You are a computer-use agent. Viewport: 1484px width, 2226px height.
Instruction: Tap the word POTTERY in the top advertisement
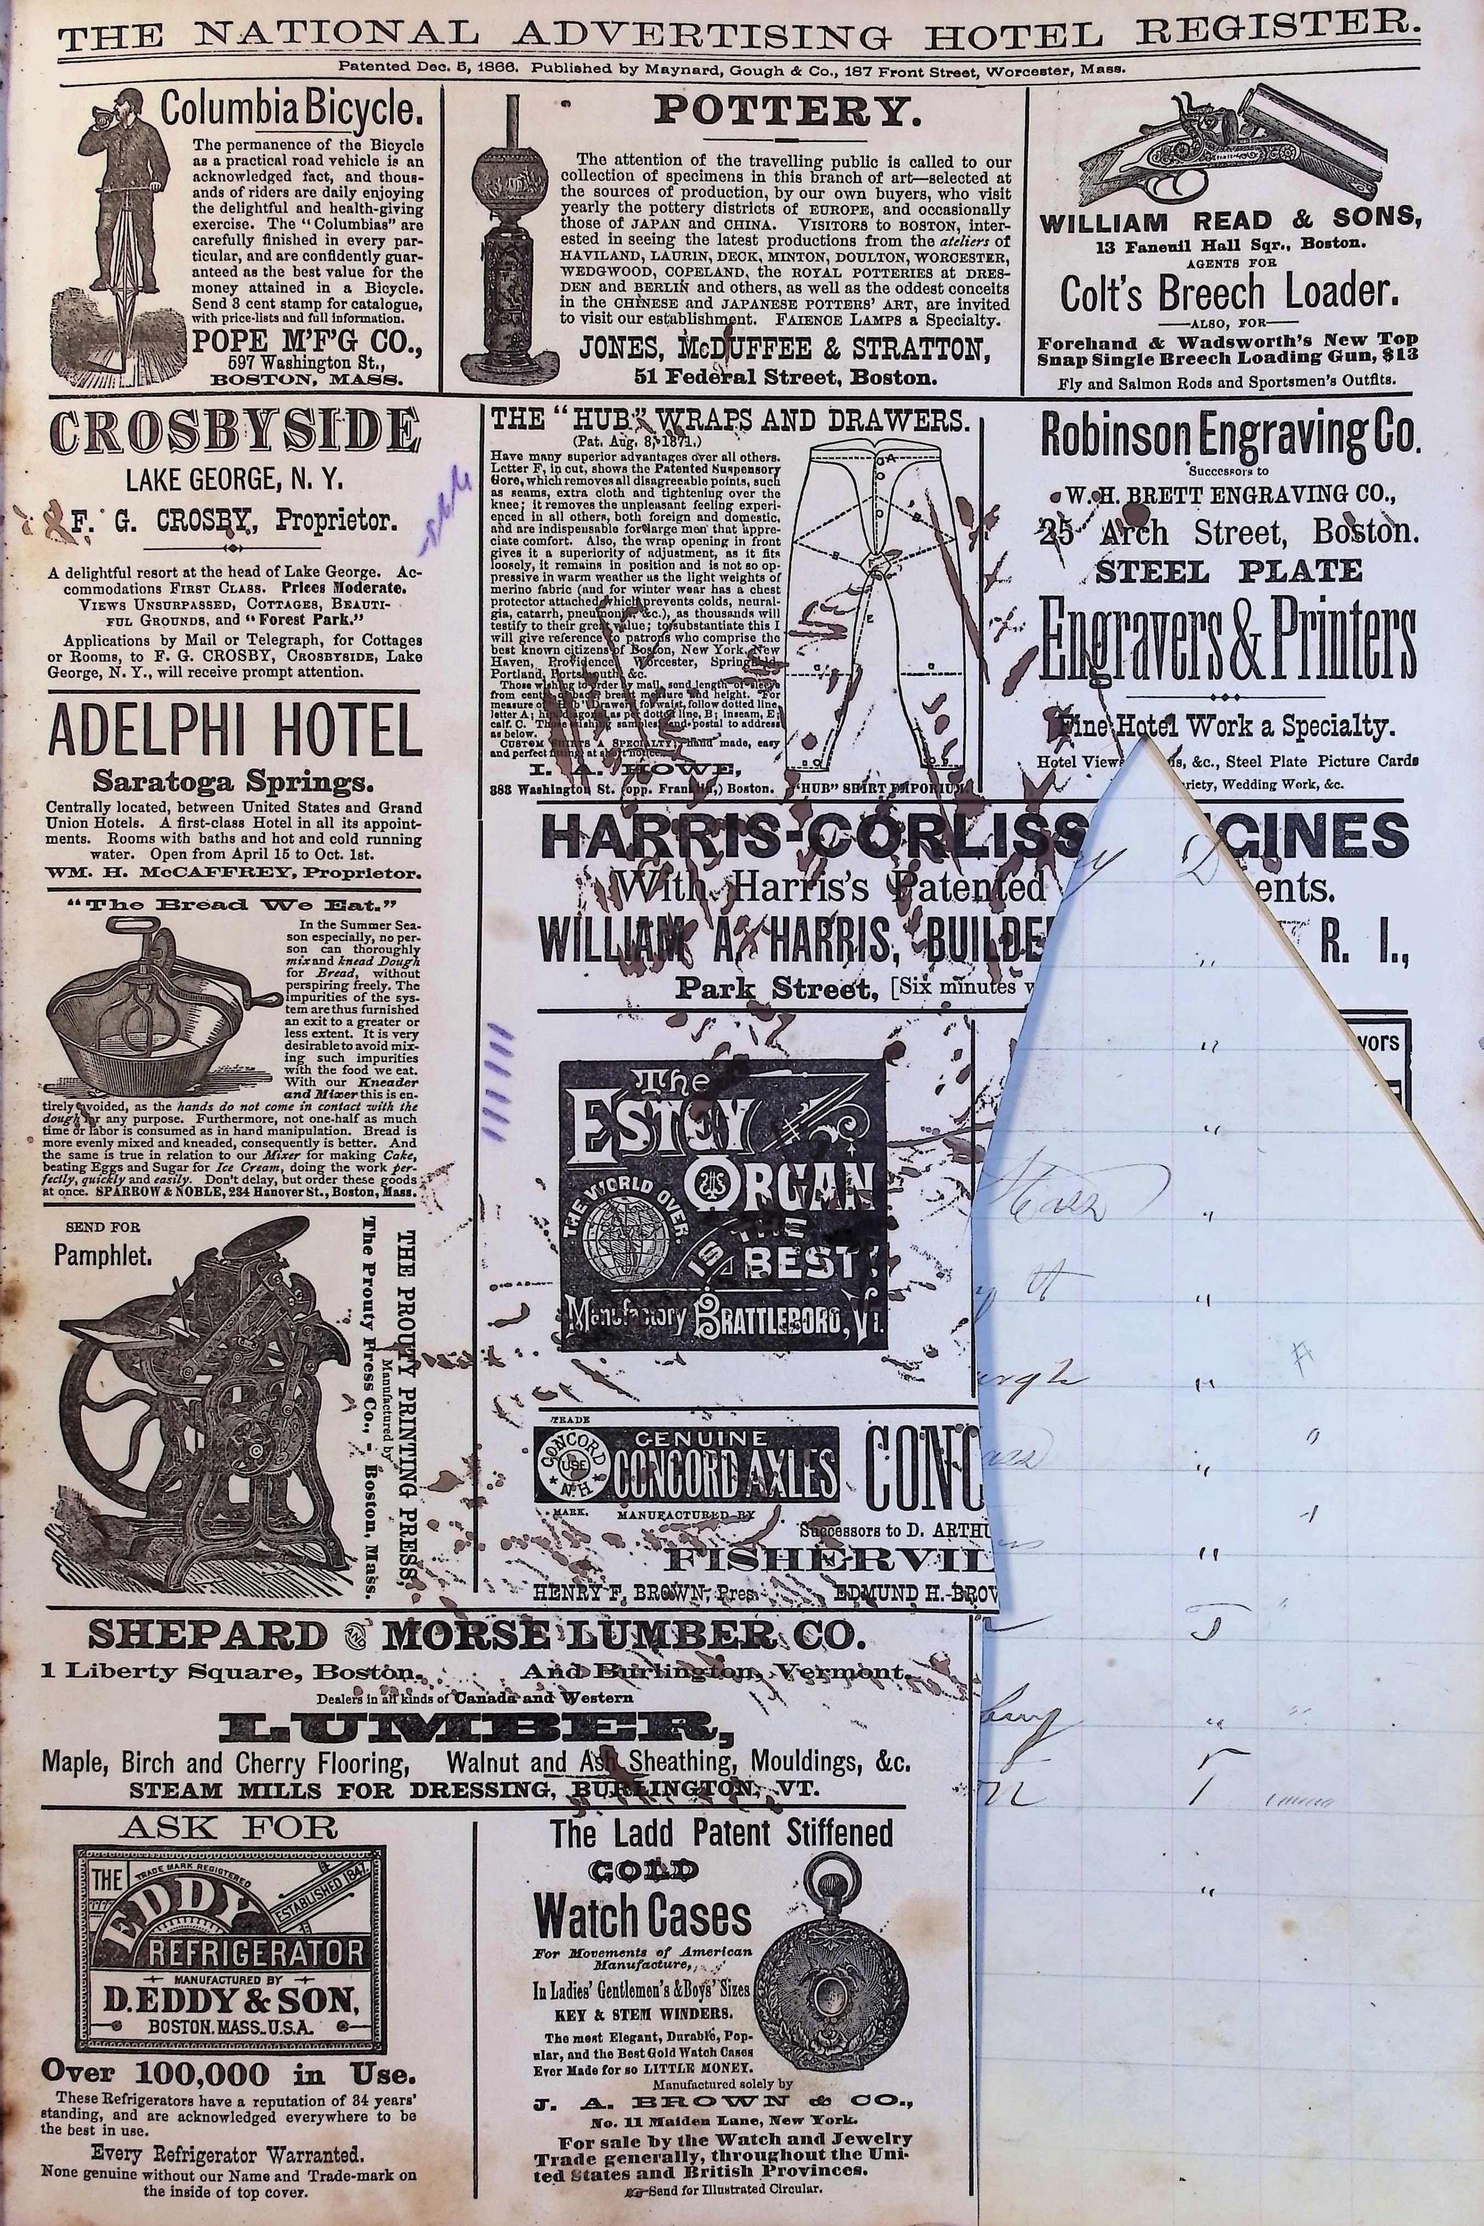pos(787,112)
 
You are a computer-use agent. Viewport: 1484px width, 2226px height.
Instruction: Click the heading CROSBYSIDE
pos(234,432)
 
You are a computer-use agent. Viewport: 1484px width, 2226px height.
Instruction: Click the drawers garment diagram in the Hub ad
pos(880,606)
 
